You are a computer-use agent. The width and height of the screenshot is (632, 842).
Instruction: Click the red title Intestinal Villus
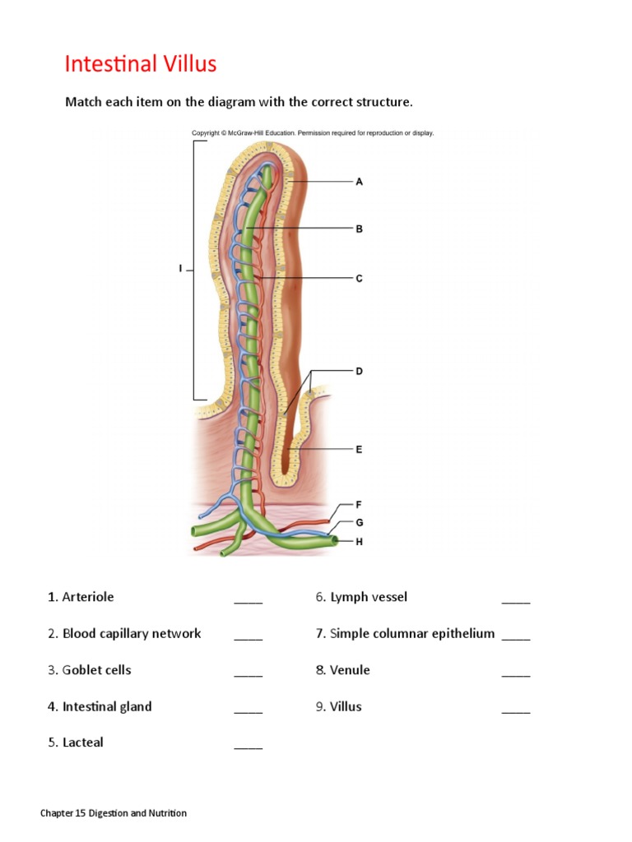tap(140, 64)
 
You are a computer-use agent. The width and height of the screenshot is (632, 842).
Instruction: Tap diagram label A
tap(359, 182)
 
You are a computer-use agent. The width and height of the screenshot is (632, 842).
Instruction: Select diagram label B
tap(359, 229)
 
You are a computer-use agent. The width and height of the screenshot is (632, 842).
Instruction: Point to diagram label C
tap(359, 279)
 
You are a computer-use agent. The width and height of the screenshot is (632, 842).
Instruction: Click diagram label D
tap(359, 371)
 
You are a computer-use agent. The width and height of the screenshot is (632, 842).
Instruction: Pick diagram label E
tap(359, 450)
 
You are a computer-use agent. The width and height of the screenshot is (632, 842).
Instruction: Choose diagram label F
tap(359, 504)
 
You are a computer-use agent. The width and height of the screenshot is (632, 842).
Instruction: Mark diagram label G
tap(360, 522)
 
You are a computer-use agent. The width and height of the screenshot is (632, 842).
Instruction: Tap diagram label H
tap(360, 542)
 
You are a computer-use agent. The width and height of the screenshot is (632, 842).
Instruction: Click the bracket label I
tap(180, 269)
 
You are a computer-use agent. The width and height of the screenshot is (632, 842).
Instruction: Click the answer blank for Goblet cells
tap(248, 671)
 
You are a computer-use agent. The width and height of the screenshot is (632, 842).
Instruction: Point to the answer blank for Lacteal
tap(248, 743)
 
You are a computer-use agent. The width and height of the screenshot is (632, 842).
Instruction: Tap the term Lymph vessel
tap(369, 597)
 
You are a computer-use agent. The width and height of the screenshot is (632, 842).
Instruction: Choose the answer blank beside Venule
tap(516, 671)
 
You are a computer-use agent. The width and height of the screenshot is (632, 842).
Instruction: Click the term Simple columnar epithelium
tap(412, 633)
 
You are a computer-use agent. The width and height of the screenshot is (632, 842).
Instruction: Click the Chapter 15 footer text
tap(114, 813)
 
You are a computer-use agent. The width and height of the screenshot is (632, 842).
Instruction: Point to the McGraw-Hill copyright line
tap(313, 132)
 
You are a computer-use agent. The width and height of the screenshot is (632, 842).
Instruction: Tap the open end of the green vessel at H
tap(333, 541)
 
